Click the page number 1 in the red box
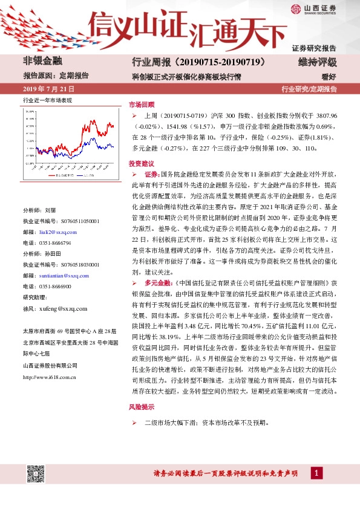click(316, 473)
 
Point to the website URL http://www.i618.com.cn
click(49, 377)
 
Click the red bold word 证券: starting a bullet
click(152, 173)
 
